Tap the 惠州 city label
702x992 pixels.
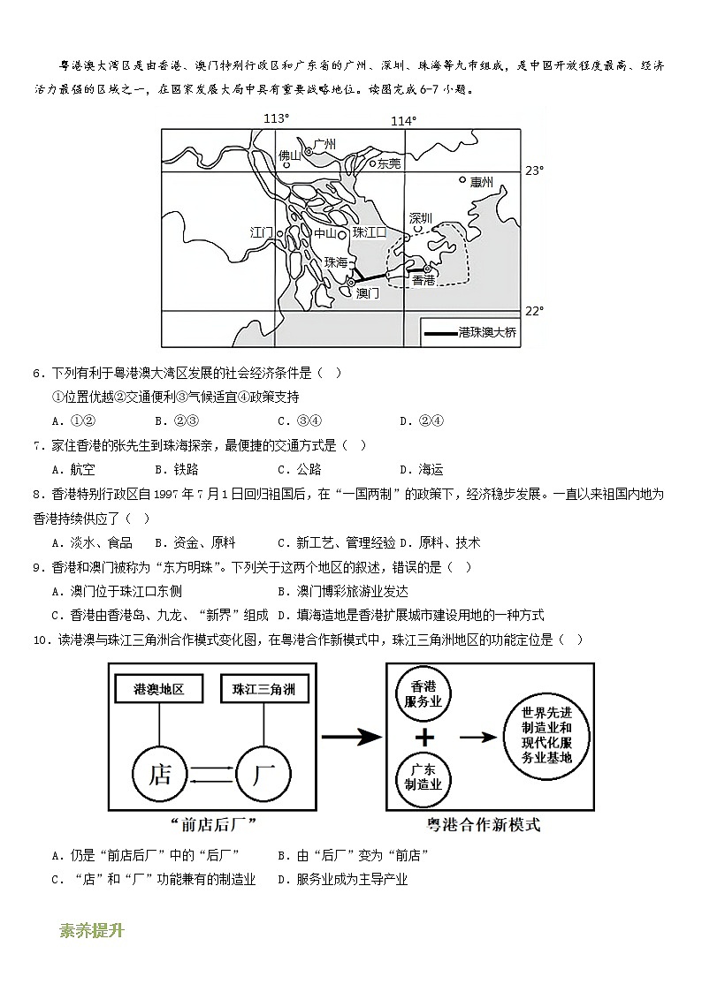pyautogui.click(x=482, y=183)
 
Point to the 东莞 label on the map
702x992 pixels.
pyautogui.click(x=389, y=163)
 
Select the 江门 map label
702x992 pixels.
pyautogui.click(x=262, y=232)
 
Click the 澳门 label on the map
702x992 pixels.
pyautogui.click(x=367, y=292)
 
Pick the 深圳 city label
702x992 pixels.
pyautogui.click(x=422, y=217)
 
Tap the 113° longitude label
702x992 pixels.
pyautogui.click(x=277, y=119)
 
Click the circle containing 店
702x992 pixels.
pyautogui.click(x=160, y=776)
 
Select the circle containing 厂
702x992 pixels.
pyautogui.click(x=263, y=776)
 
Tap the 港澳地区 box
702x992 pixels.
pyautogui.click(x=159, y=689)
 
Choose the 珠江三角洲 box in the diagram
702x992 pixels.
pyautogui.click(x=263, y=689)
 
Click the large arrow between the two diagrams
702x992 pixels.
pyautogui.click(x=349, y=736)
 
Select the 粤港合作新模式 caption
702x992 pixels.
pyautogui.click(x=483, y=825)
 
